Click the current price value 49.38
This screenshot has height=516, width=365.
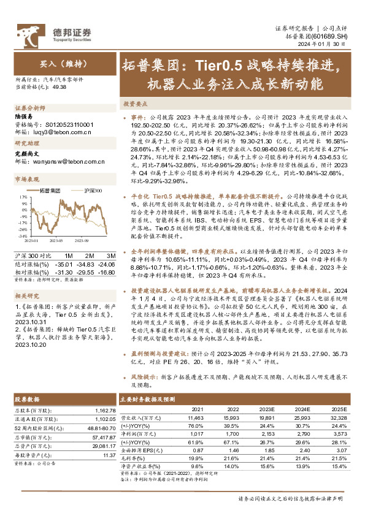point(60,88)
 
